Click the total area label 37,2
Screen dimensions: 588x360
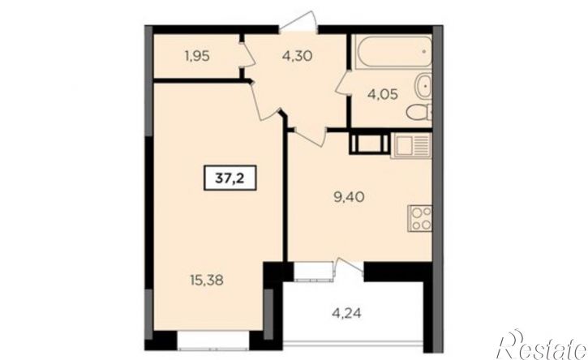pos(230,178)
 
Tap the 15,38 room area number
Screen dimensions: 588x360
pos(207,280)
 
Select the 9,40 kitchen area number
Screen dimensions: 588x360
pos(349,197)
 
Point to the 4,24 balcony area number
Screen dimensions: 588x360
pos(347,313)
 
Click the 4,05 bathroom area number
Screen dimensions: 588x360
pos(383,94)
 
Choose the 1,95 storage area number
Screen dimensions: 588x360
pos(196,56)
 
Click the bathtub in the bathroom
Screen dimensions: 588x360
pos(393,52)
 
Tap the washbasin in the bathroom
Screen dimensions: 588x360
pos(423,86)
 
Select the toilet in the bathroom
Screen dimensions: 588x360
pos(418,112)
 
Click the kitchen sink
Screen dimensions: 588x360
pos(411,146)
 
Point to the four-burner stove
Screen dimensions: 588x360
pos(420,218)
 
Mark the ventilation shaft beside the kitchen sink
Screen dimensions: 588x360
pos(369,142)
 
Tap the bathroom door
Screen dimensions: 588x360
pos(343,84)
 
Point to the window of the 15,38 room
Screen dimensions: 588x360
pos(213,341)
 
